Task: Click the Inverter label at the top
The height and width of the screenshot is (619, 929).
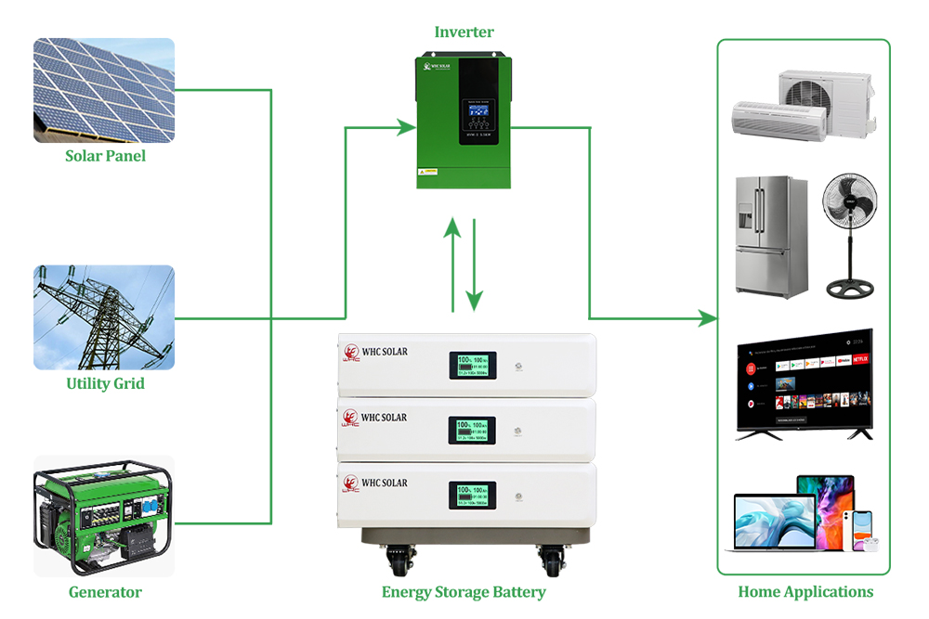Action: pos(464,32)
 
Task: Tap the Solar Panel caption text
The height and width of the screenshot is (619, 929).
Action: pos(105,156)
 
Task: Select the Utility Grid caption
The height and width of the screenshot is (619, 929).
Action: pos(105,383)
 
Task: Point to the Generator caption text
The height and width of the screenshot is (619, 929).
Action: pos(105,592)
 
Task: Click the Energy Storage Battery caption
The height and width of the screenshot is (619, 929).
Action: pos(464,592)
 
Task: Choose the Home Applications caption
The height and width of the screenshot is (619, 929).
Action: pos(805,592)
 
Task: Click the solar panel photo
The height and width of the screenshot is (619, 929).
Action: pos(104,90)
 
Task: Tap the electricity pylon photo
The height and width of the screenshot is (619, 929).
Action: pos(104,317)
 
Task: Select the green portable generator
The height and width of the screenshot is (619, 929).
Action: pos(104,515)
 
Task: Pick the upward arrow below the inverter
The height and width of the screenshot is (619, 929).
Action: pos(452,264)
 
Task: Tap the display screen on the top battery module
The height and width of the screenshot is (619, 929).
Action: pos(472,365)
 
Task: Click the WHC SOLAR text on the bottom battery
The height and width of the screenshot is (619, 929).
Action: pos(384,483)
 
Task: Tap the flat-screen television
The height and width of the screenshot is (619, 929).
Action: pos(805,380)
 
